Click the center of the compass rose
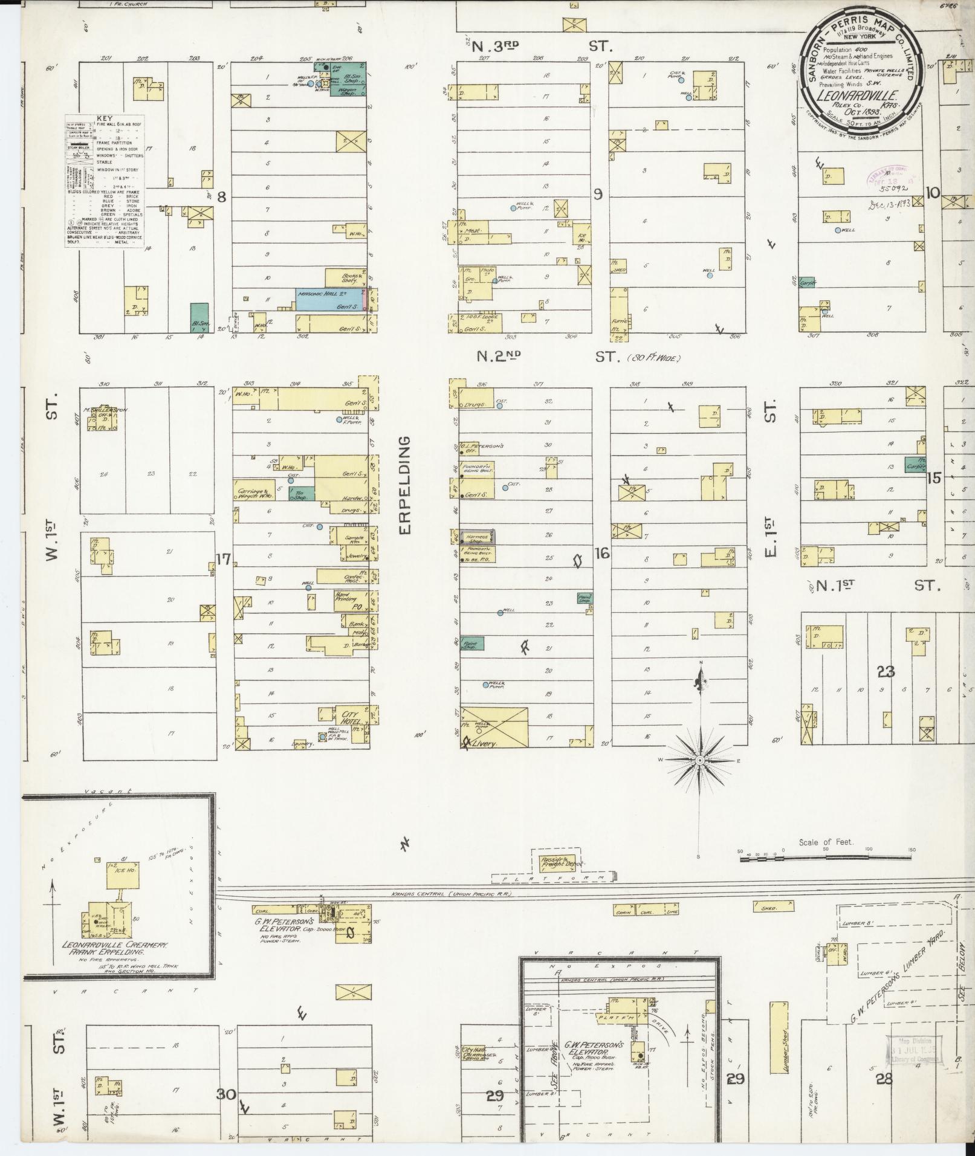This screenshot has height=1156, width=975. [x=699, y=760]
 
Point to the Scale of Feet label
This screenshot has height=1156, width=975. [x=826, y=842]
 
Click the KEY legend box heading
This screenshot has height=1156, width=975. [x=105, y=119]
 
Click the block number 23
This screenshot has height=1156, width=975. [x=886, y=671]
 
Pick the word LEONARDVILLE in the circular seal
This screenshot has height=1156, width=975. [x=857, y=94]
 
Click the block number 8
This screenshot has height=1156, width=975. [x=222, y=196]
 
